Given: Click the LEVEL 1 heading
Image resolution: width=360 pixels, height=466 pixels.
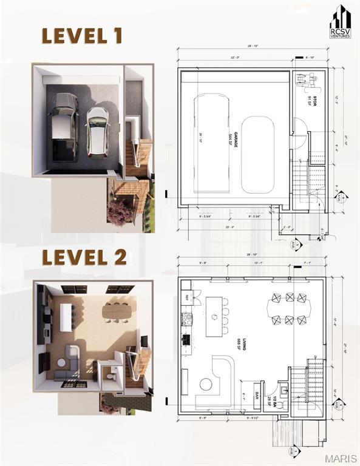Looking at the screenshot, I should coord(82,36).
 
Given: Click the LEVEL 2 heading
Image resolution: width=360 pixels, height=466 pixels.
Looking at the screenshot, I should coord(84,257).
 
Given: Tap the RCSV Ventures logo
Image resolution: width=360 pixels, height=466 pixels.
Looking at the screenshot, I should coord(340,22).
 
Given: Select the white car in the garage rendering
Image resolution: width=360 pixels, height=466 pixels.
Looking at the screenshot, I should coord(97,130).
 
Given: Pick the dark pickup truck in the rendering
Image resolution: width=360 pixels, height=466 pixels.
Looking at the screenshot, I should coord(63,126).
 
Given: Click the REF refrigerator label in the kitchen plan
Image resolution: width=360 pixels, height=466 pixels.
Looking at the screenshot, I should coord(188,297).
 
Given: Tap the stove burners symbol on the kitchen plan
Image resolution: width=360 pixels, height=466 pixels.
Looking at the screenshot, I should coord(187,319).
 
